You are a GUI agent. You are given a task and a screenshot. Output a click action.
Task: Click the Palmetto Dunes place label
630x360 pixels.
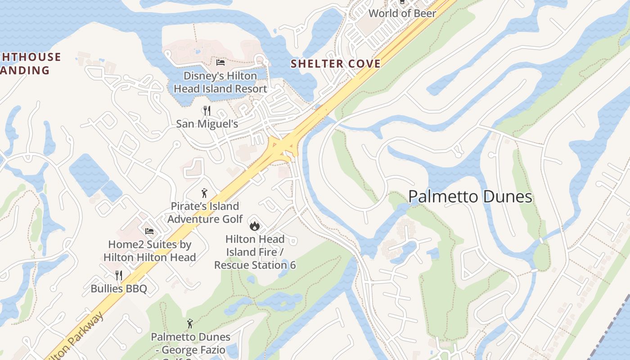[x=470, y=197]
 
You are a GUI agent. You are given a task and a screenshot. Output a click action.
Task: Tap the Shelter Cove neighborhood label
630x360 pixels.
[x=336, y=64]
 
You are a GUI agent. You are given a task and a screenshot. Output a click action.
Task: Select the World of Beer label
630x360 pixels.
[x=402, y=13]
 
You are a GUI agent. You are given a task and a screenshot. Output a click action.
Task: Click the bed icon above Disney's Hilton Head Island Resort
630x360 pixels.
[x=220, y=62]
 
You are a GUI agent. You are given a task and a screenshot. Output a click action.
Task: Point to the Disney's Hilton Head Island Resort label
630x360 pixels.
[x=220, y=82]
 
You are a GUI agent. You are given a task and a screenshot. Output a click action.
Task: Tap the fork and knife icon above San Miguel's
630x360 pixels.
[x=207, y=110]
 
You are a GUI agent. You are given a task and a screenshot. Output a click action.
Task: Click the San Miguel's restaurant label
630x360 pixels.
[x=207, y=124]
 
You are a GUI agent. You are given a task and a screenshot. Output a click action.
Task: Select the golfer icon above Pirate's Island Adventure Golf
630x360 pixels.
[x=205, y=193]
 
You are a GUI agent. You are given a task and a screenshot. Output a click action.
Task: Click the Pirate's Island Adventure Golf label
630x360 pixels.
[x=205, y=213]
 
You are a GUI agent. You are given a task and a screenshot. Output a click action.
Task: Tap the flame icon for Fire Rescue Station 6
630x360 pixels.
[x=255, y=225]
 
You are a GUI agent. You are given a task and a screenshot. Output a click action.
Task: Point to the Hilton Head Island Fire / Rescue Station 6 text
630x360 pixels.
[x=255, y=252]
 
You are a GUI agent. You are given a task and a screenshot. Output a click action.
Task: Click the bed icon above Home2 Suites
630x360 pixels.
[x=149, y=231]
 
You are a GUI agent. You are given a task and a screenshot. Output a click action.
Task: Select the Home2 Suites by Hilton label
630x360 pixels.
[x=149, y=251]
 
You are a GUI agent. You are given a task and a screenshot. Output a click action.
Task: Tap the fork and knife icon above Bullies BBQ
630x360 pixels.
[x=119, y=275]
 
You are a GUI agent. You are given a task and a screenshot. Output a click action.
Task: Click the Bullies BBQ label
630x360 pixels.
[x=119, y=288]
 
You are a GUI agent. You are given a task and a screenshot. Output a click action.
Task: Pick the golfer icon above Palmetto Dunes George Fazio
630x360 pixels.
[x=190, y=323]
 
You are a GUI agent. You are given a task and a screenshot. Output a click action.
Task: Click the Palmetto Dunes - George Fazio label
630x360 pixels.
[x=190, y=343]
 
